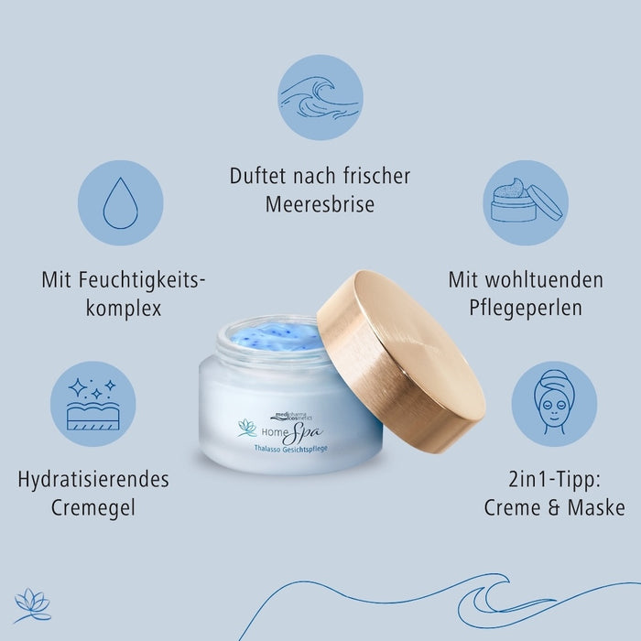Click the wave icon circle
click(x=320, y=97)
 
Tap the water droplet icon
click(x=120, y=203)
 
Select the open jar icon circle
click(x=525, y=203)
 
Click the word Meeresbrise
click(x=320, y=205)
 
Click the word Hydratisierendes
click(x=92, y=480)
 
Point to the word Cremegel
click(x=92, y=508)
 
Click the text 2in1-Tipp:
click(x=554, y=480)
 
